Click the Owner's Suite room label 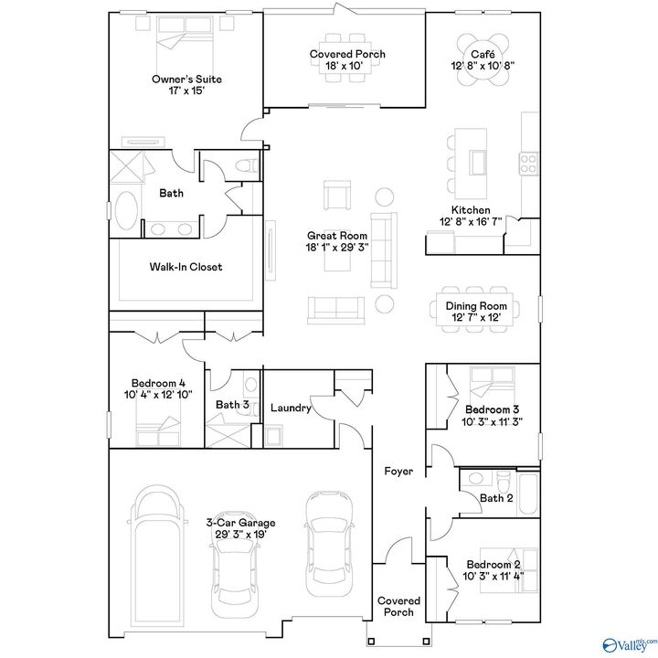pos(186,80)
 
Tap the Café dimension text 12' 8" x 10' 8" pos(482,67)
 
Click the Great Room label pos(337,235)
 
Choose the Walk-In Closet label pos(186,268)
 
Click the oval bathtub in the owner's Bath pos(127,213)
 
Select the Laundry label pos(291,408)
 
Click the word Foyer pos(398,472)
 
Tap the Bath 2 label pos(497,497)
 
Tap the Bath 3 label pos(232,405)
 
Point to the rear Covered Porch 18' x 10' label pos(347,54)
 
